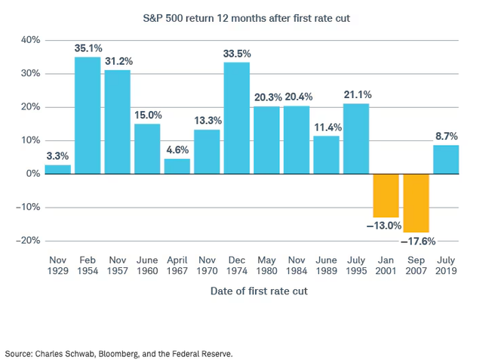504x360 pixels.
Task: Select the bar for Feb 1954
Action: coord(88,115)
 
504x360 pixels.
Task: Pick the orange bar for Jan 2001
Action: coord(386,195)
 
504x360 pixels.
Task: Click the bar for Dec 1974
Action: coord(237,118)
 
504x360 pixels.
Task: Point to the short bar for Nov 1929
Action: coord(58,169)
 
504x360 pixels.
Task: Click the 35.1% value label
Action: coord(88,48)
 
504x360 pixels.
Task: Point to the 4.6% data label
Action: coord(177,149)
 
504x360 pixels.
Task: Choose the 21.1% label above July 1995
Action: coord(356,95)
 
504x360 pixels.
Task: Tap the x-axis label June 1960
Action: coord(148,265)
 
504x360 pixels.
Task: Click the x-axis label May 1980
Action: coord(266,265)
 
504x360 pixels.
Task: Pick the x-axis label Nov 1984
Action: coord(297,265)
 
